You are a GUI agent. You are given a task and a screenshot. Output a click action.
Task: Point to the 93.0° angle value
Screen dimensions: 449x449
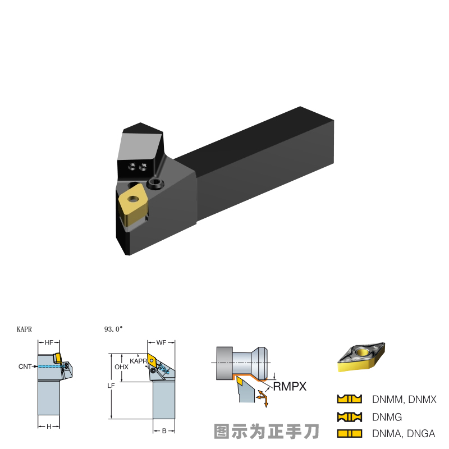113,330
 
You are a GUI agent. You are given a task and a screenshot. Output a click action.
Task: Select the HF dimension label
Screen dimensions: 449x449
49,342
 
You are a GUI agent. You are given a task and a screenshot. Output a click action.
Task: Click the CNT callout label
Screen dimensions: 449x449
25,366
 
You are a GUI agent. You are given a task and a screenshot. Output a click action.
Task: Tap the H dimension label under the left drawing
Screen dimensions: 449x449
49,427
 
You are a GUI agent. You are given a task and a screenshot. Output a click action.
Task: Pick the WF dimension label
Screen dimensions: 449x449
161,342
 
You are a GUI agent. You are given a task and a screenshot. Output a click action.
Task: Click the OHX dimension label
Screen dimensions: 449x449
121,366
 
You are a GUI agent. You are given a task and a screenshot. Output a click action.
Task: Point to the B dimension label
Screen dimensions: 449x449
164,431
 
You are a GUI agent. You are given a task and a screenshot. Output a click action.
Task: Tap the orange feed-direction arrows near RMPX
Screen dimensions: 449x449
262,397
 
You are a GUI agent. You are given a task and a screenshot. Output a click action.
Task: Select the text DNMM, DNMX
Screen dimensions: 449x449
404,399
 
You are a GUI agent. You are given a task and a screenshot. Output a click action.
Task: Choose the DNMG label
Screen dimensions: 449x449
387,417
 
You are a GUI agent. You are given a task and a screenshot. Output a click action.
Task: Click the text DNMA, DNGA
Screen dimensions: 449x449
404,434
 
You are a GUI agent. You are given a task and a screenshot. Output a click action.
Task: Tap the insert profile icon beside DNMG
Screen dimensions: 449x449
349,417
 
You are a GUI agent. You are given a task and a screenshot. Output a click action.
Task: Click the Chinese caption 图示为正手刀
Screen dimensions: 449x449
266,431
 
